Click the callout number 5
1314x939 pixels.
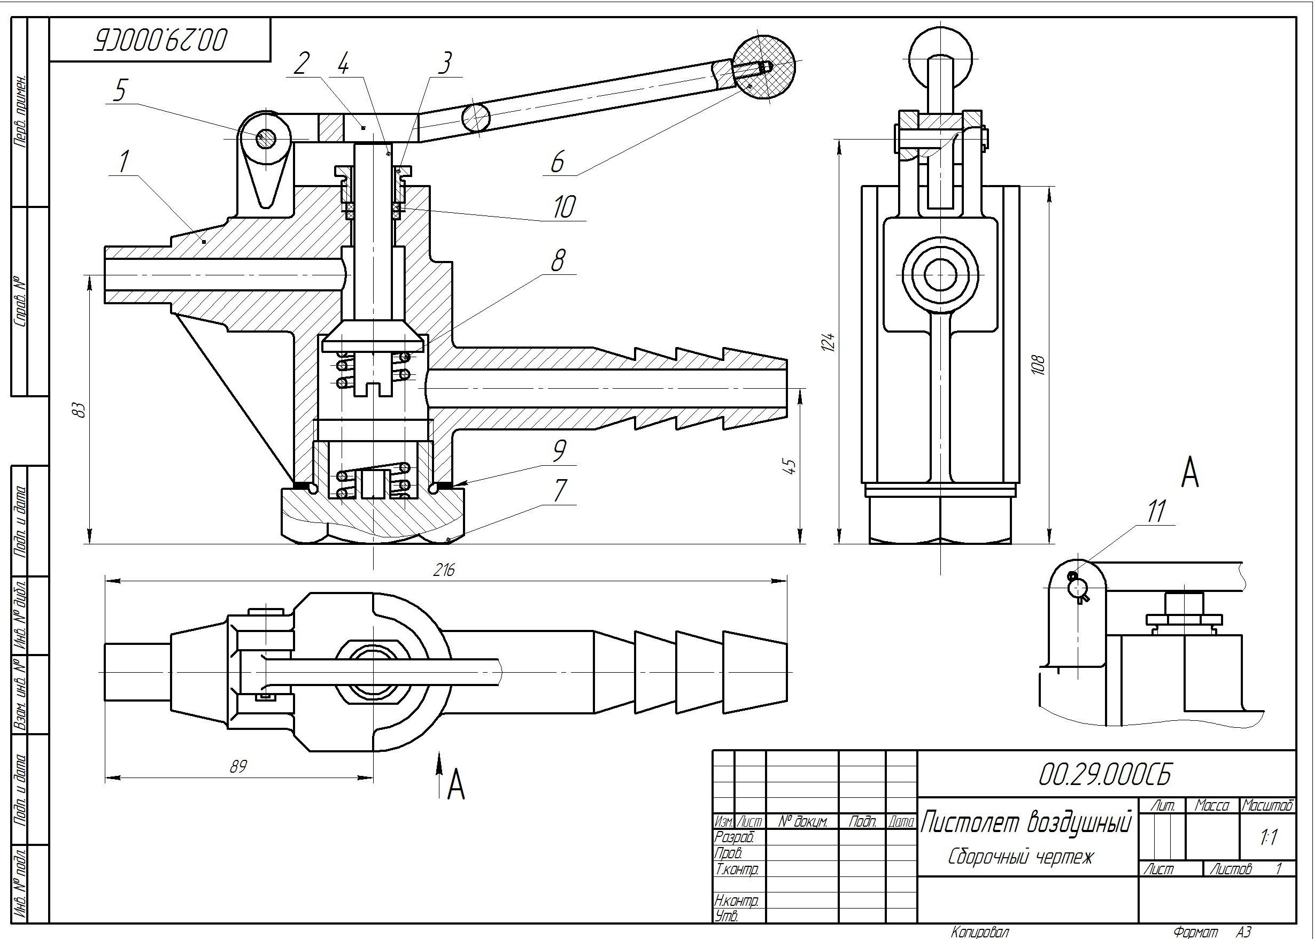(x=120, y=91)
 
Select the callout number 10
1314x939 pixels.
(x=564, y=206)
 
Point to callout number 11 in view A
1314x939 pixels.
(x=1156, y=511)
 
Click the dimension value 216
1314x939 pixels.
(x=444, y=570)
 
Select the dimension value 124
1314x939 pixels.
(x=829, y=342)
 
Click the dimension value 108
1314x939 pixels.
(x=1039, y=364)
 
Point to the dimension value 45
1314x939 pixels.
(x=791, y=466)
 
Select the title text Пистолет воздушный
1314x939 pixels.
(x=1025, y=823)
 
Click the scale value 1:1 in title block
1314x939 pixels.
(x=1269, y=837)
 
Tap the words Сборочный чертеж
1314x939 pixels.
(x=1022, y=856)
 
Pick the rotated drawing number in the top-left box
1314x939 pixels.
(x=161, y=40)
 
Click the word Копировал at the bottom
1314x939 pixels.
(x=980, y=932)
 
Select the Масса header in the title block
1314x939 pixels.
(x=1211, y=805)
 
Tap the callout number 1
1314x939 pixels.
(x=123, y=163)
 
